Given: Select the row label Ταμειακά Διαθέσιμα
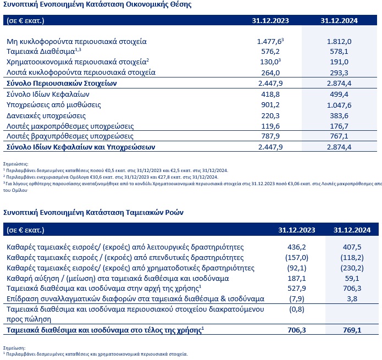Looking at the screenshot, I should tap(33, 51).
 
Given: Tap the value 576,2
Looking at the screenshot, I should tap(269, 51).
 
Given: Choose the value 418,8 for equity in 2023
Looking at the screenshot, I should tap(269, 94).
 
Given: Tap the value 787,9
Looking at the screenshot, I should tap(269, 136).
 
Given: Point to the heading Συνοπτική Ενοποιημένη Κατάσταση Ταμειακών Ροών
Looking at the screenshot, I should tap(94, 212).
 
